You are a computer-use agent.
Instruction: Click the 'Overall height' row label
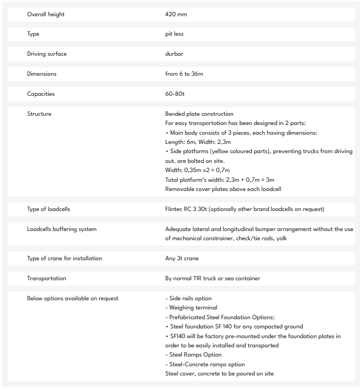[x=46, y=14]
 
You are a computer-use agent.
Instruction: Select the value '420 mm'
[x=176, y=14]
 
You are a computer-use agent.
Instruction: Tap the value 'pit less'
[x=174, y=34]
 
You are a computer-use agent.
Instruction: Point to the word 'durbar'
[x=174, y=54]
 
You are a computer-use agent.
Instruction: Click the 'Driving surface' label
[x=47, y=54]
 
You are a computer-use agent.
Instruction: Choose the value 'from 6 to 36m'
[x=184, y=74]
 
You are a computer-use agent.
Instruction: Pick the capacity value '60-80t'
[x=175, y=94]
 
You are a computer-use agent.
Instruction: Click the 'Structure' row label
[x=39, y=114]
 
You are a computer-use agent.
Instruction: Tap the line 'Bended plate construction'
[x=199, y=114]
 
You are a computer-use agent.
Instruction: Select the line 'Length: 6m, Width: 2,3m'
[x=197, y=142]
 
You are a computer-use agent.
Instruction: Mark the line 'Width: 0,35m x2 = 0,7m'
[x=197, y=170]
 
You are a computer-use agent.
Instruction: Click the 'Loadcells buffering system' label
[x=62, y=229]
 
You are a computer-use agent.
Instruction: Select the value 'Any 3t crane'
[x=182, y=259]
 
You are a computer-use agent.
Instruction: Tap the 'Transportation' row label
[x=46, y=279]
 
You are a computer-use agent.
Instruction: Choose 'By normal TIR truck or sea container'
[x=212, y=279]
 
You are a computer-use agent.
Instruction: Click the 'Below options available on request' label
[x=72, y=299]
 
